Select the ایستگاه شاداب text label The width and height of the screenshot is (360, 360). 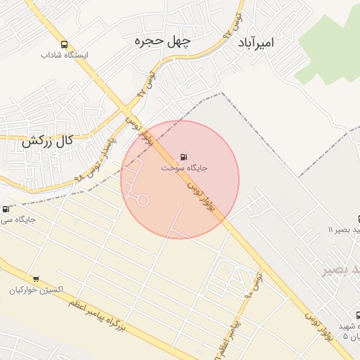65,55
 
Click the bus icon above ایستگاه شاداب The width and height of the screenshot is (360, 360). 65,44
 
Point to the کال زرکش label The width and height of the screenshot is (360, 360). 47,141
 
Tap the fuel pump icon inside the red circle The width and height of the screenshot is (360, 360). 184,157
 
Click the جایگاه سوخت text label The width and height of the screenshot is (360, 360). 184,168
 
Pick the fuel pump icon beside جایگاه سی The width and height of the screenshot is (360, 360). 6,209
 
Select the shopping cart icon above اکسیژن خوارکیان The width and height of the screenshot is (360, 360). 36,279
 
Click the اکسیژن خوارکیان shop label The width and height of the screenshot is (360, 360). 37,290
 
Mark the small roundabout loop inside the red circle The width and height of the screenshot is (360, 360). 143,200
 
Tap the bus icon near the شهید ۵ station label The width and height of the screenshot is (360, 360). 357,316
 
